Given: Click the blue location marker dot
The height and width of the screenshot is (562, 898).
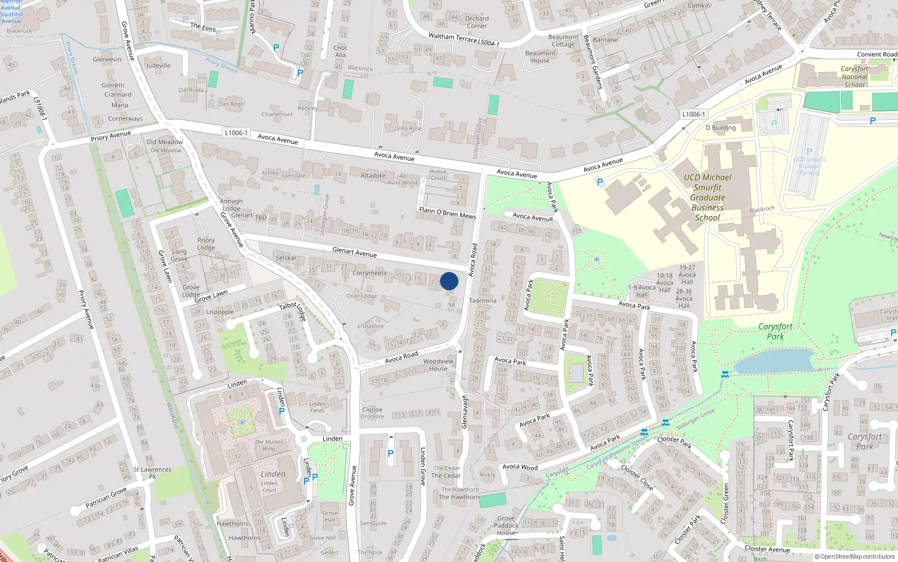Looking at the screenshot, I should click(x=449, y=281).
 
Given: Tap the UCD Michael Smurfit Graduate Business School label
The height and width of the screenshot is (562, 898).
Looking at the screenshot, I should click(x=707, y=198).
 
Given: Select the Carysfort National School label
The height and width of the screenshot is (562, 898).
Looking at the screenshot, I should click(x=854, y=77).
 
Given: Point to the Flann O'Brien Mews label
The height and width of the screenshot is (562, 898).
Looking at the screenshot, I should click(x=447, y=212).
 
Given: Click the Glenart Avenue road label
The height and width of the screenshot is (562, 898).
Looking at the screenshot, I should click(x=355, y=252).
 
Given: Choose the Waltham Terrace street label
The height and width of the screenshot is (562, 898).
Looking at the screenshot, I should click(x=452, y=37).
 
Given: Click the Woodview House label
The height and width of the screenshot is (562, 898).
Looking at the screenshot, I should click(x=438, y=365).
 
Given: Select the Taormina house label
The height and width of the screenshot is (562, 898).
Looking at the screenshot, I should click(x=483, y=301).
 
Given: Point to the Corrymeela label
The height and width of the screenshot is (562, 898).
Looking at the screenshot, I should click(x=369, y=273).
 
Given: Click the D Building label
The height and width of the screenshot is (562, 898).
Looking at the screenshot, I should click(x=721, y=128).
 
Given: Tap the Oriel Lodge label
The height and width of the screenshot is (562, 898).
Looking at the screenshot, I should click(x=362, y=296).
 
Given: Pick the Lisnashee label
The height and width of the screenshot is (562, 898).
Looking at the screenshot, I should click(x=371, y=326).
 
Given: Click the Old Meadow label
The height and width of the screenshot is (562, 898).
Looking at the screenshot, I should click(x=164, y=142).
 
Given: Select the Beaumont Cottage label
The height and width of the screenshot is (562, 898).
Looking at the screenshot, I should click(x=563, y=40).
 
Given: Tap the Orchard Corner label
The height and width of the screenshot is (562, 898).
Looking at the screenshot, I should click(x=477, y=22).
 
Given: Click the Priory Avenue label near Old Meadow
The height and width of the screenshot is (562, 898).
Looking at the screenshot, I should click(x=111, y=136).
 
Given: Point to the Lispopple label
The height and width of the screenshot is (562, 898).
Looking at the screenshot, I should click(x=220, y=312).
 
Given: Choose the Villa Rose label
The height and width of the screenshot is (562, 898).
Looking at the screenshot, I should click(x=409, y=128).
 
